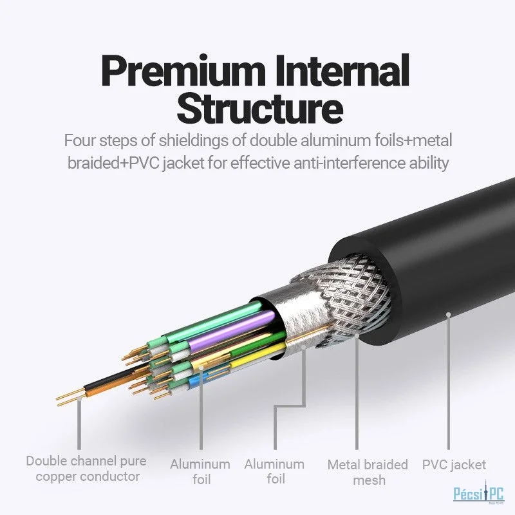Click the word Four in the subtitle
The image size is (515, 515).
pos(80,140)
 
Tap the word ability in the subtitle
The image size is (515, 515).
pos(427,163)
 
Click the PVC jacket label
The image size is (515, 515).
pos(454,464)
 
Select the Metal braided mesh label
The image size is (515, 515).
pos(368,471)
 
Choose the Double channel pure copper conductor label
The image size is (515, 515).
pos(87,469)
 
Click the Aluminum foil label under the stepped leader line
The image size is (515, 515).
pos(274,471)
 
